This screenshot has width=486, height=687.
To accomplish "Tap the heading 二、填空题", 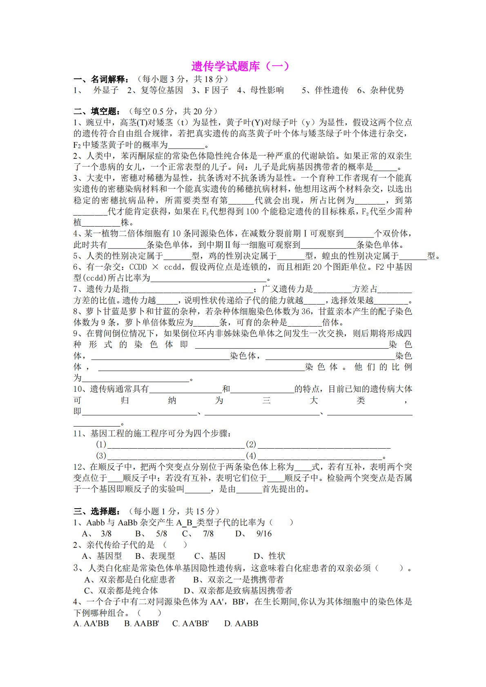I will (x=97, y=111).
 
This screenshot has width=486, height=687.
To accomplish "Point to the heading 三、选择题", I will (x=97, y=511).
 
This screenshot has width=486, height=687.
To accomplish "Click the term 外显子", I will (x=106, y=90).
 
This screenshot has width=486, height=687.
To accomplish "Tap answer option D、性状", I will (x=269, y=556).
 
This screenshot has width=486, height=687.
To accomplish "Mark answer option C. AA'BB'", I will (x=190, y=623).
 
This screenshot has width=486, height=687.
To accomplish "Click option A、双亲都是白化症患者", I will (x=129, y=579).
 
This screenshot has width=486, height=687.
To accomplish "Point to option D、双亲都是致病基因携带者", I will (x=238, y=590).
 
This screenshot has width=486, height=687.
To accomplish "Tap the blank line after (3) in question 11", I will (x=176, y=456).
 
